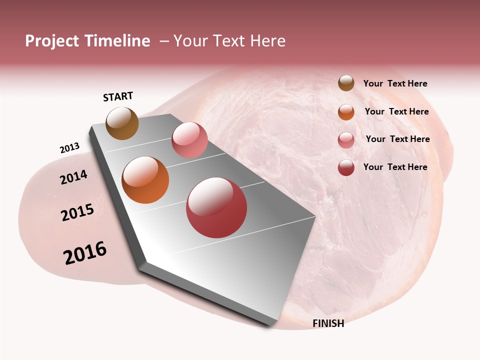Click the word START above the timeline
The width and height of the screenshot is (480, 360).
pos(118,96)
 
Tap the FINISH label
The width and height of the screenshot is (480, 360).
pos(328,323)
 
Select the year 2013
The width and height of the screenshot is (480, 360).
pos(69,147)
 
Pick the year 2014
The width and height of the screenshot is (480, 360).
pos(73,177)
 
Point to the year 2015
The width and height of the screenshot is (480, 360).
pos(77,212)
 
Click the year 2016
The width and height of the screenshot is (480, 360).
pos(85,253)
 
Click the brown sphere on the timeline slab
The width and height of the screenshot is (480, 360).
pos(122,123)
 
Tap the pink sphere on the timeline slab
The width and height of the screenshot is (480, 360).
pos(189,140)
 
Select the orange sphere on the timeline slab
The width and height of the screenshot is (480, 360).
pos(145,180)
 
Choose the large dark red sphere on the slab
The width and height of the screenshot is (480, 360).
pos(216,207)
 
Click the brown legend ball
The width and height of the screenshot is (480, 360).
pos(346,83)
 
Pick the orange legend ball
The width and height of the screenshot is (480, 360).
pos(346,112)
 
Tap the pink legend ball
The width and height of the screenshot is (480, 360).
pos(346,140)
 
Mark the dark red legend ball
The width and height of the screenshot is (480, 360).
pos(346,167)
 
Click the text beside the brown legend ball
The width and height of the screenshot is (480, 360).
pos(395,84)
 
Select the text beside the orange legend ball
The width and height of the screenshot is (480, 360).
pos(396,111)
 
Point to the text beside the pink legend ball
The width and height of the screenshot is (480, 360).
pos(397,139)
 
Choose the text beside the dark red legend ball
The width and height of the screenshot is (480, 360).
pos(395,167)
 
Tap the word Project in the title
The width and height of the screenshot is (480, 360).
pos(51,41)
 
